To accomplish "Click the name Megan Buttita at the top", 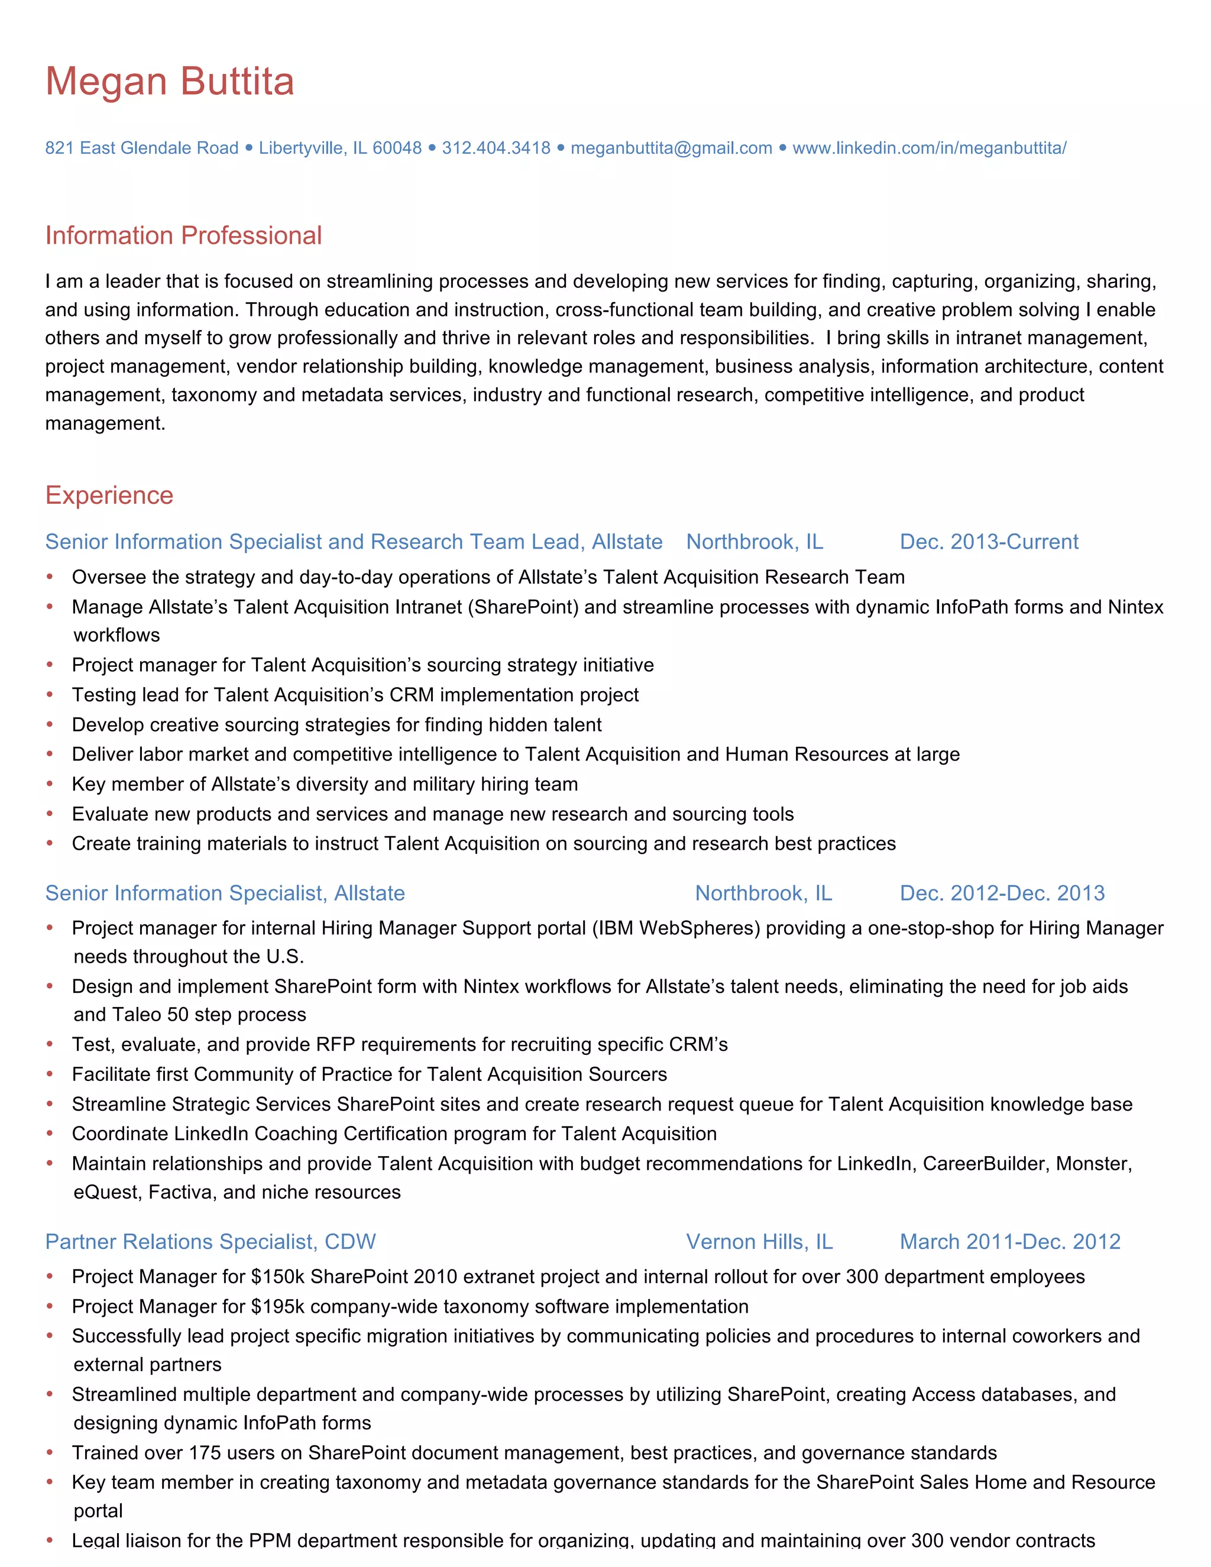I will (170, 81).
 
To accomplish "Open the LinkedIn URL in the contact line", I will (929, 148).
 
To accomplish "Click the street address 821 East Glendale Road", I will (141, 148).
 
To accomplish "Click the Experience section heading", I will (109, 495).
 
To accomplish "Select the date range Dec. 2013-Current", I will (989, 542).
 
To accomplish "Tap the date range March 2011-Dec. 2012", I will (1009, 1241).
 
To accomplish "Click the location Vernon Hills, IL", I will (759, 1241).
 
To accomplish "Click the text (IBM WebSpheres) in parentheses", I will (676, 928).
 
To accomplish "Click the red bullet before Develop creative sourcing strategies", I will (50, 725).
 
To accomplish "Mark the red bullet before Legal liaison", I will (50, 1540).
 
